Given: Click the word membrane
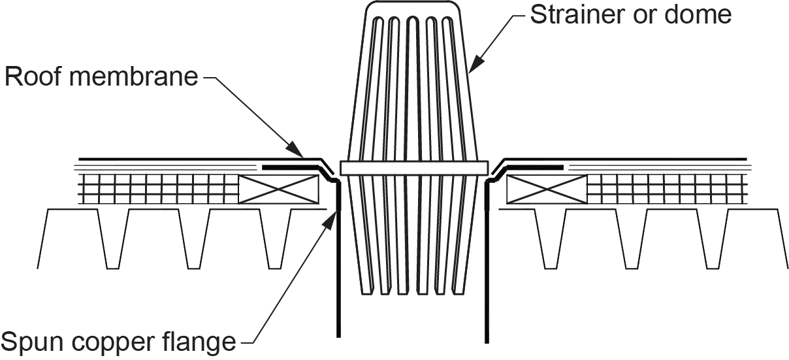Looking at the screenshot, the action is click(134, 76).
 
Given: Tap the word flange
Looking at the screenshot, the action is click(199, 340).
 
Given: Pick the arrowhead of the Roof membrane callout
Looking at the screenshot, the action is click(295, 150).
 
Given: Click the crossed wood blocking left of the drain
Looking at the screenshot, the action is click(279, 189).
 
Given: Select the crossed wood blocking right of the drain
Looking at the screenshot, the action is click(547, 189).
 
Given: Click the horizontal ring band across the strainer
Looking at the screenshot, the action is click(414, 168).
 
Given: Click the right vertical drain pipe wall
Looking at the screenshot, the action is click(487, 261).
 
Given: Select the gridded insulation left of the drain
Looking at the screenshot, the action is click(158, 189).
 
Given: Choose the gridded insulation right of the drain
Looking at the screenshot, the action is click(668, 189).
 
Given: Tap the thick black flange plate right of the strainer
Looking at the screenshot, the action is click(535, 167).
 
